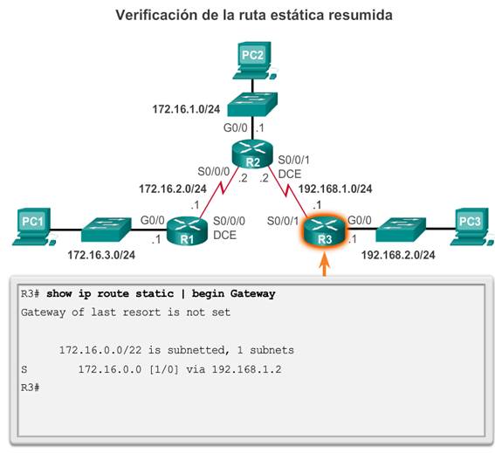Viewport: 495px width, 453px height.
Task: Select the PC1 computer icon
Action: (33, 226)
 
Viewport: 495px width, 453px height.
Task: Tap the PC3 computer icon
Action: (471, 226)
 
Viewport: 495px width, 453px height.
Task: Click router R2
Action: (252, 154)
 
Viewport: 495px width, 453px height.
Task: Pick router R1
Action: (187, 230)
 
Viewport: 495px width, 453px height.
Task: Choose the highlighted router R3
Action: (325, 231)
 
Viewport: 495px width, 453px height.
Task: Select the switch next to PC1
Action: (107, 230)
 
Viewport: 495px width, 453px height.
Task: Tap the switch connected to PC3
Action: (401, 230)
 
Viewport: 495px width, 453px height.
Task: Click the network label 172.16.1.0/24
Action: (186, 109)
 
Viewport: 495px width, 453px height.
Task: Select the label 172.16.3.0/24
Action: (101, 255)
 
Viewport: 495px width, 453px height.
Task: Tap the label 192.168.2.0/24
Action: (398, 255)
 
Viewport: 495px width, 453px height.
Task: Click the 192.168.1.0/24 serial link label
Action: (335, 189)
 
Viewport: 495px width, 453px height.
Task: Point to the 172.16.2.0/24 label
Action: (173, 189)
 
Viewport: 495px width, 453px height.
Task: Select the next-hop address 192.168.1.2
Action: (246, 369)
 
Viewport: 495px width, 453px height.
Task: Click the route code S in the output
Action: (24, 369)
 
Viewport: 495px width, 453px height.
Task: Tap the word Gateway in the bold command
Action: (252, 294)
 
